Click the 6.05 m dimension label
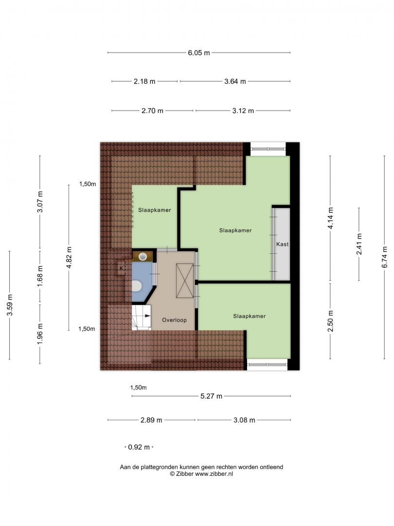[x=198, y=53]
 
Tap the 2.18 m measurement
[x=144, y=81]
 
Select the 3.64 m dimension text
[x=235, y=81]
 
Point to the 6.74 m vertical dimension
[x=384, y=257]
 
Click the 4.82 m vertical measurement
[x=69, y=257]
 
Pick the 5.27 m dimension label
[x=211, y=396]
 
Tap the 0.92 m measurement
[x=139, y=447]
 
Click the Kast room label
[x=283, y=244]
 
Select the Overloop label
[x=174, y=320]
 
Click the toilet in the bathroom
[x=136, y=286]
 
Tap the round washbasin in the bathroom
[x=143, y=257]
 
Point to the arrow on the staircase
[x=147, y=316]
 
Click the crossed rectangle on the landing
[x=185, y=281]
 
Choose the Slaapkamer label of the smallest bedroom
[x=155, y=210]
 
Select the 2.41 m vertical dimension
[x=359, y=244]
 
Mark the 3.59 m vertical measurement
[x=10, y=305]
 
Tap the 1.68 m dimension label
[x=40, y=276]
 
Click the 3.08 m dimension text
[x=244, y=420]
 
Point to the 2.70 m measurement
[x=152, y=111]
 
